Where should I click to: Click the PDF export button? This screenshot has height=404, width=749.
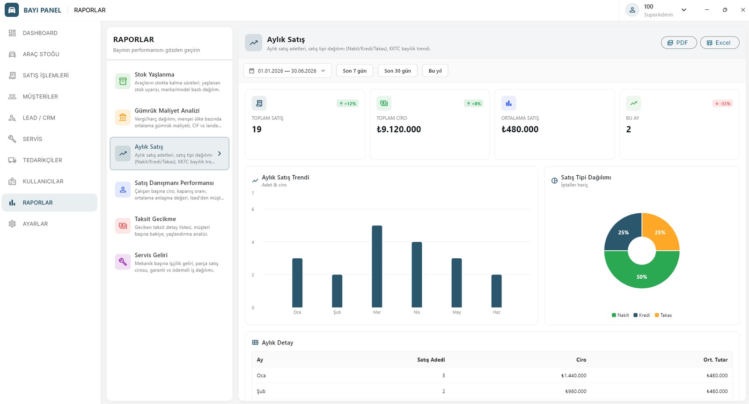tap(679, 43)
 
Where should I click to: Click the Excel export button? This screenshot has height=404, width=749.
tap(720, 43)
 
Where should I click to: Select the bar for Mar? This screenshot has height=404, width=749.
tap(377, 266)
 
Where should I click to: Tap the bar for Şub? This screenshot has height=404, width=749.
tap(337, 291)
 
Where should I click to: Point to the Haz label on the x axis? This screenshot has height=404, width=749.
tap(497, 312)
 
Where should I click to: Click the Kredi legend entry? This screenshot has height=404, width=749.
tap(642, 315)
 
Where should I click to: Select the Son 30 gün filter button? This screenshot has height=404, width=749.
tap(397, 71)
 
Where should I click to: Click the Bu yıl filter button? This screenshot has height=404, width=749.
tap(435, 71)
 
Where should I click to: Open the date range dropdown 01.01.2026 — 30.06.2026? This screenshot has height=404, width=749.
tap(287, 71)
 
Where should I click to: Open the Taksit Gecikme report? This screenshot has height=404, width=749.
tap(169, 226)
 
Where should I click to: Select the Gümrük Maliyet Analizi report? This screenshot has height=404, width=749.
tap(169, 118)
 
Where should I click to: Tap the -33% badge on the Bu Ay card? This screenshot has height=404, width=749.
tap(723, 104)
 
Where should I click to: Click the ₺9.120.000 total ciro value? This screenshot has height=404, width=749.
tap(398, 129)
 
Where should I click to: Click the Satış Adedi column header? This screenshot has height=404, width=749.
tap(431, 360)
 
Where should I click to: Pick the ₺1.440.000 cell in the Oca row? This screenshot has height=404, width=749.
tap(574, 375)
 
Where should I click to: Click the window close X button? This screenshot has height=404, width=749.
tap(742, 10)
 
